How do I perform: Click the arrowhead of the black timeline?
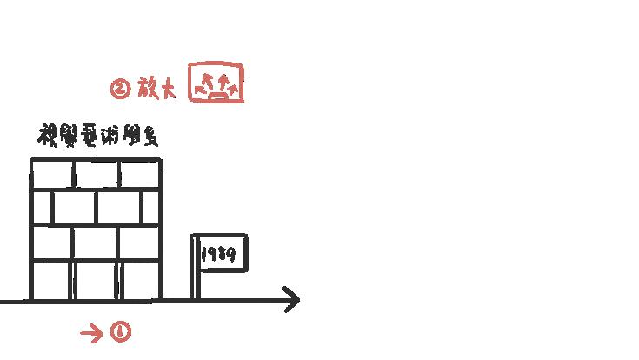293,301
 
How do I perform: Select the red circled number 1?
120,332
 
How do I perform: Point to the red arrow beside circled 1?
90,332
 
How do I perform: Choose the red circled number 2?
120,88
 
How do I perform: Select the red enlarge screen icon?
216,83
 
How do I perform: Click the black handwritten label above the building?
97,137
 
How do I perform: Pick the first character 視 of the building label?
47,137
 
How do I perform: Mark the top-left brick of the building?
52,174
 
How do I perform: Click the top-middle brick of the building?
97,174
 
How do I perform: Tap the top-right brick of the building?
139,174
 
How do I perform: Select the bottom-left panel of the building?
52,280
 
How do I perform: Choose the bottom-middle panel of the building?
97,280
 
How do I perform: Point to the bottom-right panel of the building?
139,280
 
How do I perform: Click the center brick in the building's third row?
97,243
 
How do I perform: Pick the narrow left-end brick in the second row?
42,207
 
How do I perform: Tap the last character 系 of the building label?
150,138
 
